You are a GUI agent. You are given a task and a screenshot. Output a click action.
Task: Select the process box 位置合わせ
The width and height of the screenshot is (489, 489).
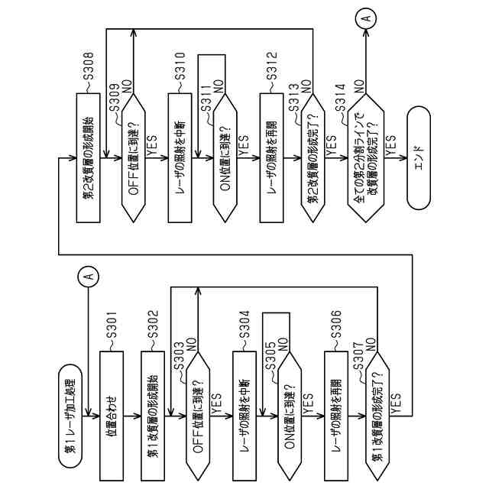(x=111, y=416)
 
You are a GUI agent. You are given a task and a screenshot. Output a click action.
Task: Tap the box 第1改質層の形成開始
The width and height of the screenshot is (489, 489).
(x=154, y=416)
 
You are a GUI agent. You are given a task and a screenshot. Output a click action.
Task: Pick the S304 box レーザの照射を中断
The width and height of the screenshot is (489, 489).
(x=244, y=416)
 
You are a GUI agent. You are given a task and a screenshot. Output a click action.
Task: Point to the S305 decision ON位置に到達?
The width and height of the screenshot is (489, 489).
(x=289, y=416)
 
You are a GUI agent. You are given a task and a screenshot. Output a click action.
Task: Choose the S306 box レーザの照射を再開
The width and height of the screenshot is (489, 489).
(x=335, y=416)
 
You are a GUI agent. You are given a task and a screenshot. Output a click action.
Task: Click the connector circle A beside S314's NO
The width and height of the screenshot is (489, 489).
(x=367, y=18)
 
